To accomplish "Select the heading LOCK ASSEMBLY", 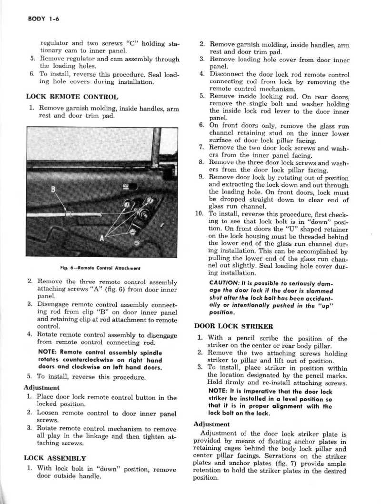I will point(55,458).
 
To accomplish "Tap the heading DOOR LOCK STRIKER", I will point(227,326).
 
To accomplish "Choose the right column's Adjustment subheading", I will point(212,424).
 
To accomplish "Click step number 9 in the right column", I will point(201,177).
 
